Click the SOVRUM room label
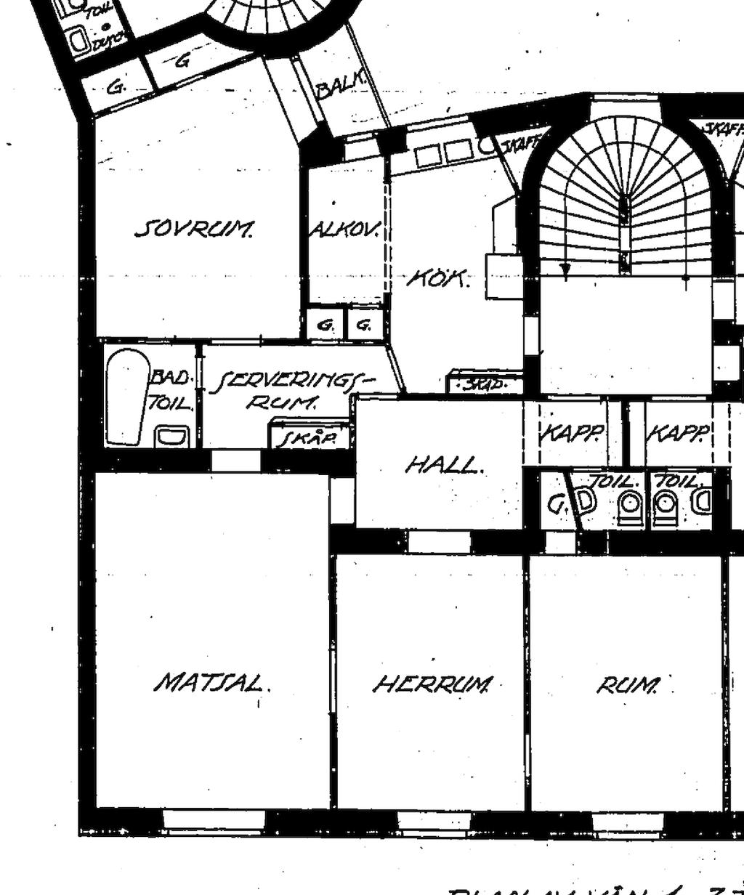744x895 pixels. pyautogui.click(x=195, y=230)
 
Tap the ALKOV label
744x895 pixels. pyautogui.click(x=344, y=230)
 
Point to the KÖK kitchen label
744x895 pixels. pyautogui.click(x=438, y=278)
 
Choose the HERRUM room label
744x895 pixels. pyautogui.click(x=433, y=684)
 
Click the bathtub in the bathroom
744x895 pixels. pyautogui.click(x=127, y=396)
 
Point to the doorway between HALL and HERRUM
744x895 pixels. pyautogui.click(x=439, y=541)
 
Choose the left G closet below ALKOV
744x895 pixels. pyautogui.click(x=325, y=326)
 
